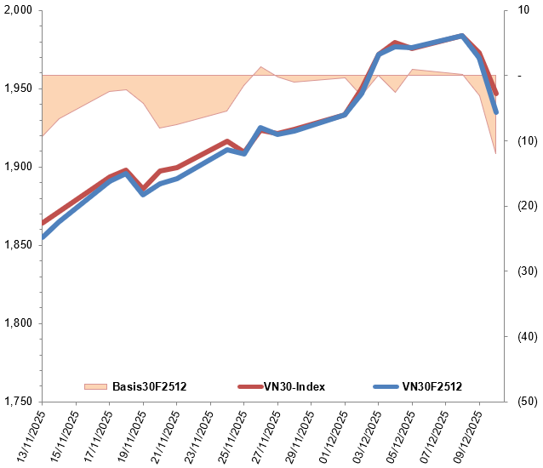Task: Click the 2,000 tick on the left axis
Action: pos(18,10)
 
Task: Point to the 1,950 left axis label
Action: pos(18,88)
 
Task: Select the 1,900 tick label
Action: pos(18,167)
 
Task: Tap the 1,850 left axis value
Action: pos(18,245)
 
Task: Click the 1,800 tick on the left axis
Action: pos(18,323)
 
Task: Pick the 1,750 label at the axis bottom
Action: pos(18,402)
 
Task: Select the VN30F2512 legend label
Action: pos(432,386)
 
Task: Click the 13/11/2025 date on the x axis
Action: pos(28,434)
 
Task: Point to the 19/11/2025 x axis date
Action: pos(129,434)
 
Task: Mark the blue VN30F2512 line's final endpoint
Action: pos(496,112)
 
